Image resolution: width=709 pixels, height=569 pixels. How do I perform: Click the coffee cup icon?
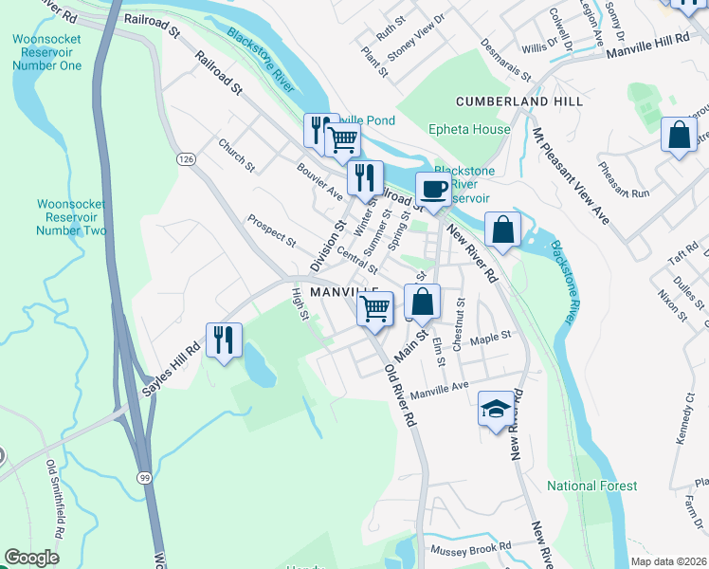433,189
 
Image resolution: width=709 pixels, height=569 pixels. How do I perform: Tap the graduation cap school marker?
494,409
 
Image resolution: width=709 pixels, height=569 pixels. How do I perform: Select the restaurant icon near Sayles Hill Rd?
224,340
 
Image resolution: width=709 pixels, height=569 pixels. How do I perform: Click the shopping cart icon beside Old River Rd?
375,307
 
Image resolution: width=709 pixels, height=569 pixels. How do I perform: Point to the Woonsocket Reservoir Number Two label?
71,217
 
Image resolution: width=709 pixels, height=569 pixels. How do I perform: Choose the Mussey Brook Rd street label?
471,549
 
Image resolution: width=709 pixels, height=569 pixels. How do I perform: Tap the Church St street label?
237,156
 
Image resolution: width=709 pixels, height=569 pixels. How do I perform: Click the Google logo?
31,558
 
